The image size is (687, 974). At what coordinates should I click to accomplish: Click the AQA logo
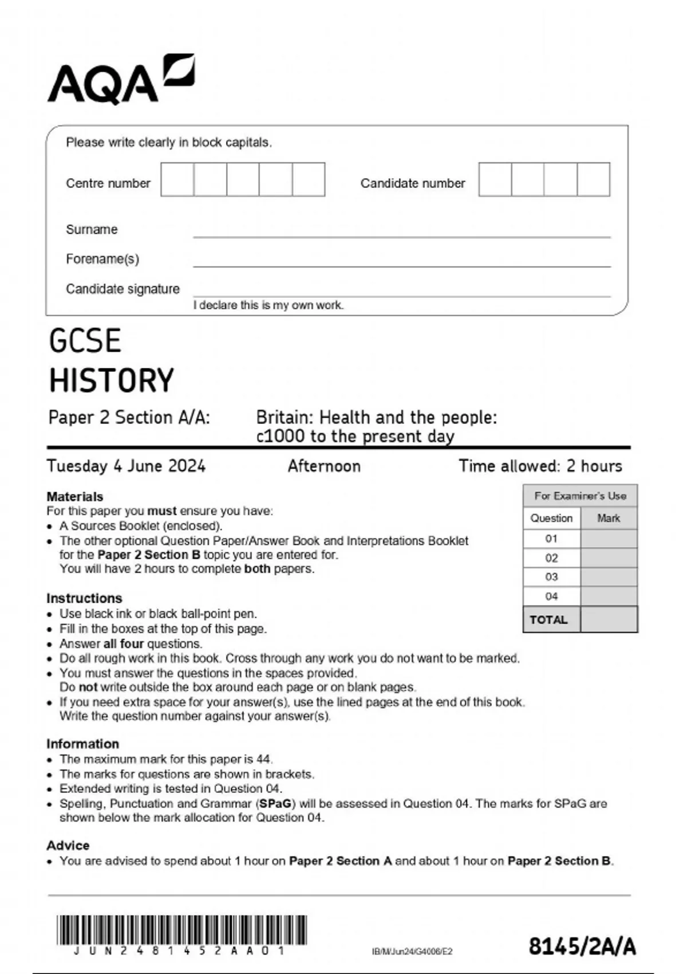click(121, 80)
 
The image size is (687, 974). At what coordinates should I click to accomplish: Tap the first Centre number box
click(177, 179)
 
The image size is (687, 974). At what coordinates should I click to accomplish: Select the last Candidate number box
click(594, 179)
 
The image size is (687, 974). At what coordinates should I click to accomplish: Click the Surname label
click(92, 229)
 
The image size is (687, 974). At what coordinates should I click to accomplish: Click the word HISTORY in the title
click(112, 380)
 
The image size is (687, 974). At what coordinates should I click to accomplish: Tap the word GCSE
click(85, 341)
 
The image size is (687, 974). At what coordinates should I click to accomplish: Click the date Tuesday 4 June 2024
click(126, 466)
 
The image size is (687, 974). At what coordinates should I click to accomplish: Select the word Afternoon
click(324, 466)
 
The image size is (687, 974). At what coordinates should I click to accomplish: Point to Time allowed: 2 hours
click(540, 466)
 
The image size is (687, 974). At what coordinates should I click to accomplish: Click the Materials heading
click(75, 496)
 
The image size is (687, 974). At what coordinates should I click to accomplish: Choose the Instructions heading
click(84, 598)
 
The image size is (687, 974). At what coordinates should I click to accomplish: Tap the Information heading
click(82, 744)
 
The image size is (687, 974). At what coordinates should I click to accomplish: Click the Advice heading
click(68, 845)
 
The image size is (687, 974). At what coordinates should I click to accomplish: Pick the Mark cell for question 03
click(609, 577)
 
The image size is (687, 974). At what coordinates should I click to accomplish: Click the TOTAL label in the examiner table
click(548, 619)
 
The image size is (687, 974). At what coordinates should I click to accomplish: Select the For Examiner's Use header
click(580, 496)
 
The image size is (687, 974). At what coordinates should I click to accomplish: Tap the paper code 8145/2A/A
click(582, 946)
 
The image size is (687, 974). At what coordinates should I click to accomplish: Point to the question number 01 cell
click(551, 539)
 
